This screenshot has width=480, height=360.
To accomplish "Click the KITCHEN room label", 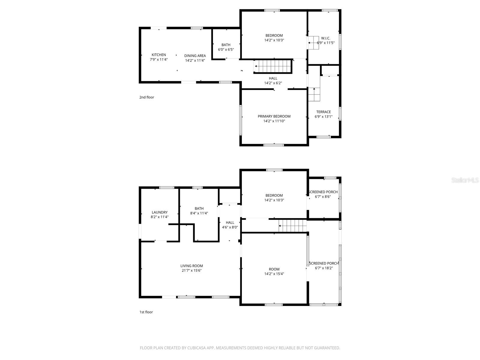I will tap(159, 55).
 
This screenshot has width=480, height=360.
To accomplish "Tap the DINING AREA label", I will tap(195, 56).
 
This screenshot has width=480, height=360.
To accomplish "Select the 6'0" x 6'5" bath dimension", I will tap(226, 49).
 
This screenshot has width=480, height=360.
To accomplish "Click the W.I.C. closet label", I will tap(325, 38).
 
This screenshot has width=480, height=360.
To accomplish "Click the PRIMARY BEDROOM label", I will tap(274, 116).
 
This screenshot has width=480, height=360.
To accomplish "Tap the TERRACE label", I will tap(323, 112).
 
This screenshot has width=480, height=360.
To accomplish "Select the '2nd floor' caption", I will tap(147, 97).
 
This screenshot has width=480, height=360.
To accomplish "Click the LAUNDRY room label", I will tap(160, 212).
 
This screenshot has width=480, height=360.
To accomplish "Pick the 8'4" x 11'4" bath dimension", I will tap(199, 213).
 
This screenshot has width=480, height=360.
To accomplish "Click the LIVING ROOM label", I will tap(192, 266).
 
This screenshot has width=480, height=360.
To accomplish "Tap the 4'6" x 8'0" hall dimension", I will tap(230, 227).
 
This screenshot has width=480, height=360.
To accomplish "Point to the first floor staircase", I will tap(292, 226).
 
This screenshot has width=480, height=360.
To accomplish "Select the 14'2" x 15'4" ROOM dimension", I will tap(274, 274).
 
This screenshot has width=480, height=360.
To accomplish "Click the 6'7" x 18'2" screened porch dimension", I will tap(324, 268).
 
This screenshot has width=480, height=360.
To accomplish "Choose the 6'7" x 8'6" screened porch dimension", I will tap(323, 197).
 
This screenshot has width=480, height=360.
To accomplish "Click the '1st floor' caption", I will tap(146, 312).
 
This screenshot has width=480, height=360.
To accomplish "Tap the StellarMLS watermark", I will tap(465, 180).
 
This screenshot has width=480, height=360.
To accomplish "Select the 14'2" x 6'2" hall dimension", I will tap(273, 83).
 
